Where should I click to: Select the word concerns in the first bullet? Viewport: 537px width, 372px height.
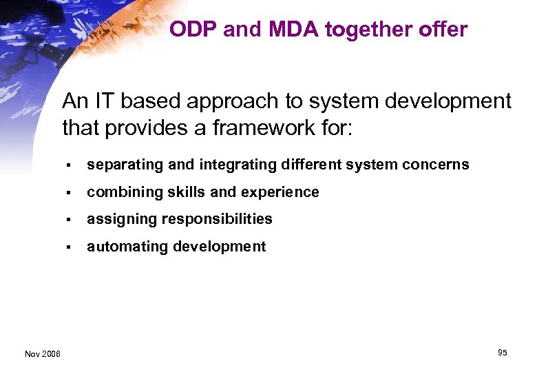(439, 165)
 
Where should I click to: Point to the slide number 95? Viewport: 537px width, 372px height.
(502, 353)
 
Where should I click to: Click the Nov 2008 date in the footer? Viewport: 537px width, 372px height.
(43, 354)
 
